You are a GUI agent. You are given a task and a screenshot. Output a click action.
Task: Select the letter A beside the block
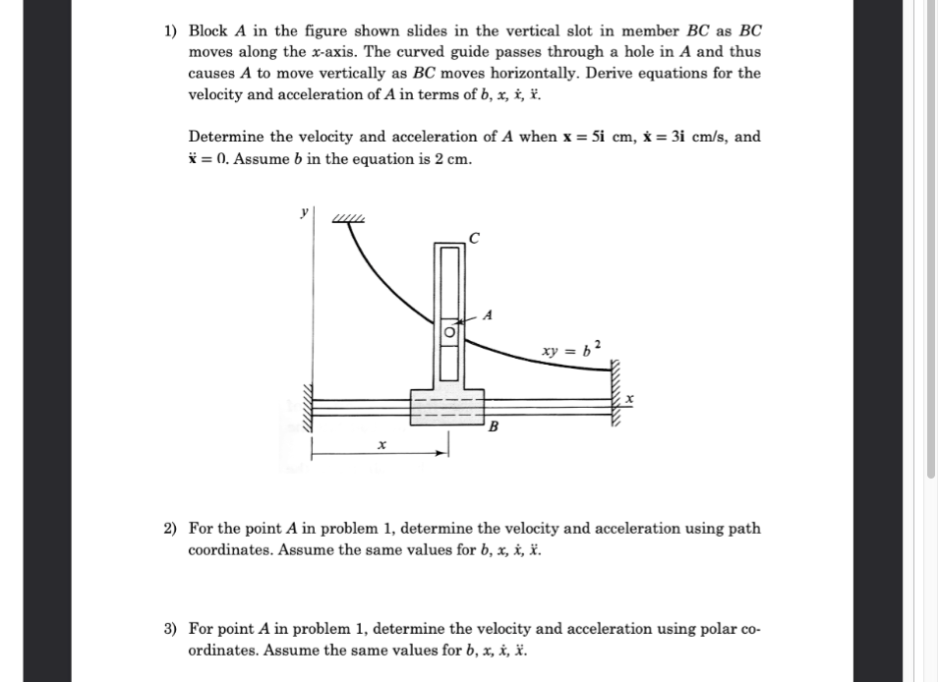489,313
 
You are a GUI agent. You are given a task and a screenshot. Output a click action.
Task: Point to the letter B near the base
494,427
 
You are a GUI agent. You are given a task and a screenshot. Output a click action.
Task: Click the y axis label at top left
304,211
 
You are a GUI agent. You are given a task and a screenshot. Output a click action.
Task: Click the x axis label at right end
630,398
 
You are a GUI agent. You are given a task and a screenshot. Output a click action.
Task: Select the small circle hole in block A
449,332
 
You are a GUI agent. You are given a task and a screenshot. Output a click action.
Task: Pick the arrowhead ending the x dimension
443,452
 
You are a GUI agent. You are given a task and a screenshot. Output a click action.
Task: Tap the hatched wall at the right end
618,393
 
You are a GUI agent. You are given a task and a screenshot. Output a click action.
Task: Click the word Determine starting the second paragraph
225,138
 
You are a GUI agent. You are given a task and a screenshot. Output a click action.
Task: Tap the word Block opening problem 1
207,30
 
